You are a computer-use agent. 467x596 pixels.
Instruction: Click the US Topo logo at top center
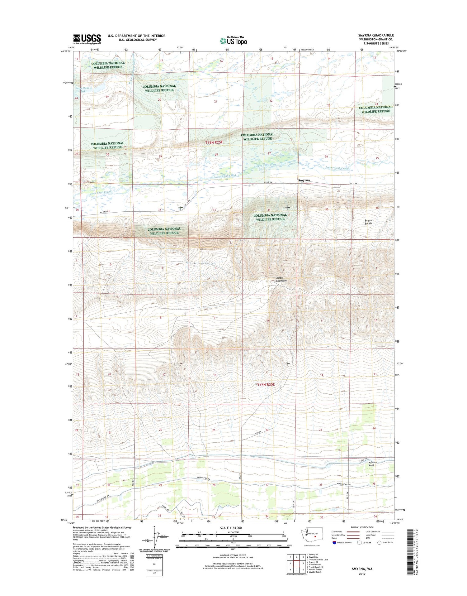click(233, 41)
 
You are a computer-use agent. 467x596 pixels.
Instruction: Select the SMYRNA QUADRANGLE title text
click(376, 35)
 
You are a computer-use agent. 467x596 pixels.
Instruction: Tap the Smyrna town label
click(304, 180)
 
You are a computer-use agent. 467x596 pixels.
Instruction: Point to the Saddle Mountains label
click(281, 279)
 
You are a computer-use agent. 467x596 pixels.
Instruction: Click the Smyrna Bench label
click(369, 222)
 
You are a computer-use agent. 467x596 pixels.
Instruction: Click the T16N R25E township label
click(214, 142)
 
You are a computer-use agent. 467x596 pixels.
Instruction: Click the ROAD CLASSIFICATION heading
click(361, 527)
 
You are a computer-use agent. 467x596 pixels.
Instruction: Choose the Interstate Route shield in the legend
click(334, 543)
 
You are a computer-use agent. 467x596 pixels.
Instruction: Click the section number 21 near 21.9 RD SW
click(214, 430)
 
